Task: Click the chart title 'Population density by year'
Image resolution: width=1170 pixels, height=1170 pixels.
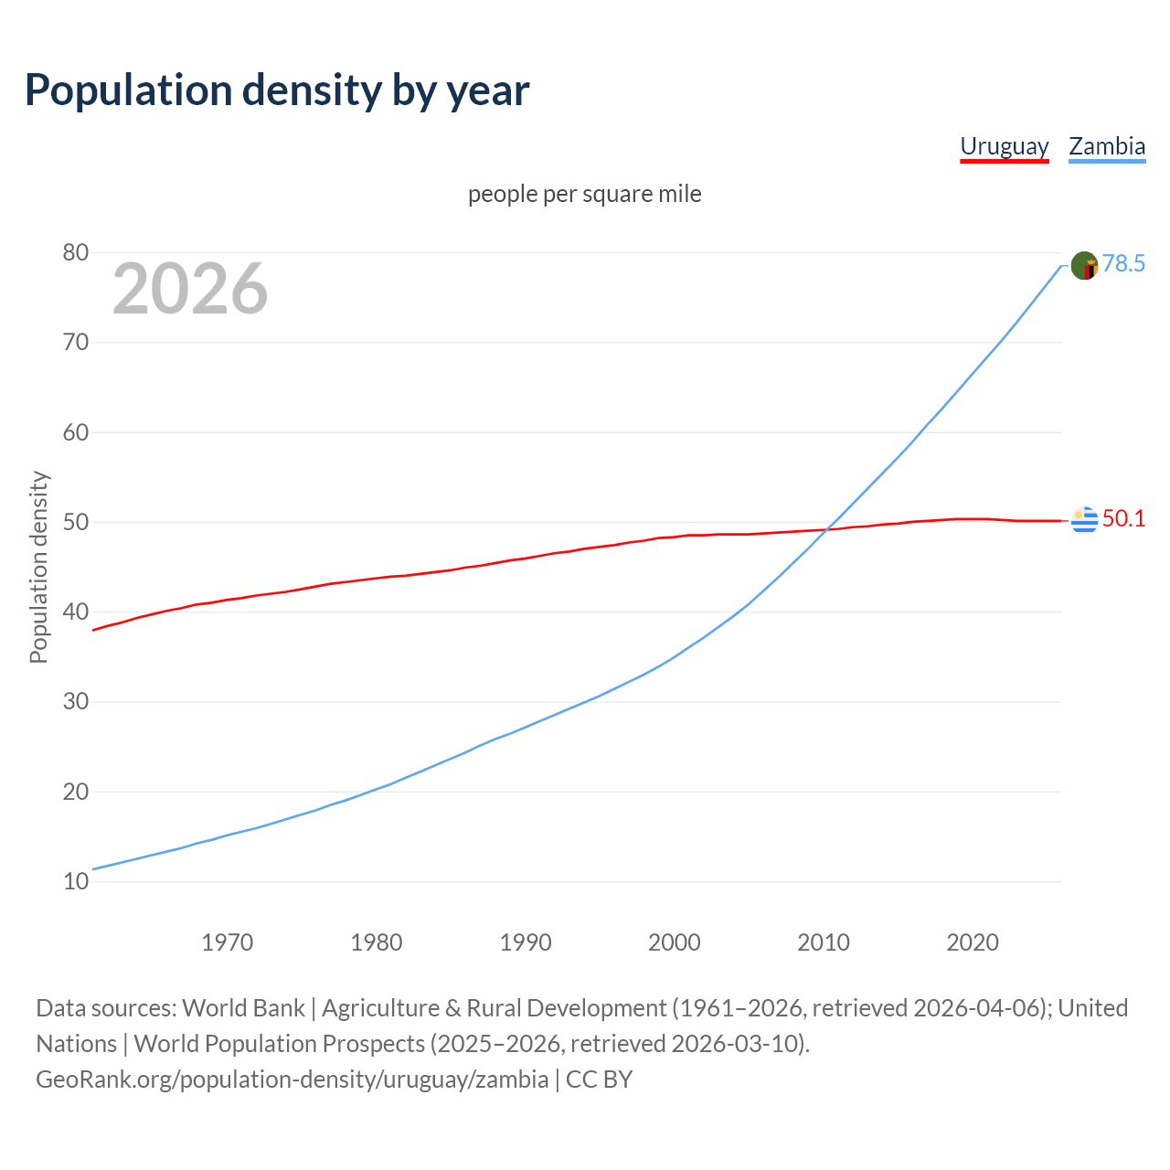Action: click(x=277, y=90)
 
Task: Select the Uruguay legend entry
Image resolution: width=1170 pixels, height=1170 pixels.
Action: click(x=1004, y=146)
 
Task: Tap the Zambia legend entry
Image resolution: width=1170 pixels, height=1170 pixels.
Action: click(x=1107, y=146)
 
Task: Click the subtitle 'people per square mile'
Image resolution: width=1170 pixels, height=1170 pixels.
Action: click(x=585, y=194)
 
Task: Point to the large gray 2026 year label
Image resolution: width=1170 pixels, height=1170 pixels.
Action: click(x=190, y=289)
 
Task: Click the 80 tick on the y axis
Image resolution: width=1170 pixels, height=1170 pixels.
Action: click(x=76, y=253)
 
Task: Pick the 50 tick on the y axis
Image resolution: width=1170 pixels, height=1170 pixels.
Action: click(x=76, y=522)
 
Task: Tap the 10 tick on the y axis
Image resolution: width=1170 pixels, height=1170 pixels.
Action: click(x=76, y=881)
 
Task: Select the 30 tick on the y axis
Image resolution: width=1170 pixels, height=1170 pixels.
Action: click(x=76, y=702)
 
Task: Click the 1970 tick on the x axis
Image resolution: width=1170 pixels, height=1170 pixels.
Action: click(x=228, y=942)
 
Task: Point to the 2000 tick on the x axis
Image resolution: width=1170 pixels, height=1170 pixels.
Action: click(x=675, y=942)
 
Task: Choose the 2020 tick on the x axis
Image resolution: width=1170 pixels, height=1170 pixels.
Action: click(x=973, y=942)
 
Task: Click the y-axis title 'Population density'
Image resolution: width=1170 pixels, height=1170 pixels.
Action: click(x=38, y=567)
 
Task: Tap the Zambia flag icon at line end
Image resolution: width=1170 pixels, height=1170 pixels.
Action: click(x=1084, y=266)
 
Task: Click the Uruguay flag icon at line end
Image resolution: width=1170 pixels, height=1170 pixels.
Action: click(x=1084, y=519)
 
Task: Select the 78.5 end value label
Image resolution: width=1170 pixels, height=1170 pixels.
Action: click(x=1123, y=264)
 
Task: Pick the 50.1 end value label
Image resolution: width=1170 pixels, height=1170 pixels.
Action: click(x=1123, y=519)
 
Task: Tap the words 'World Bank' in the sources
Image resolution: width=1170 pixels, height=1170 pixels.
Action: click(x=243, y=1008)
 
